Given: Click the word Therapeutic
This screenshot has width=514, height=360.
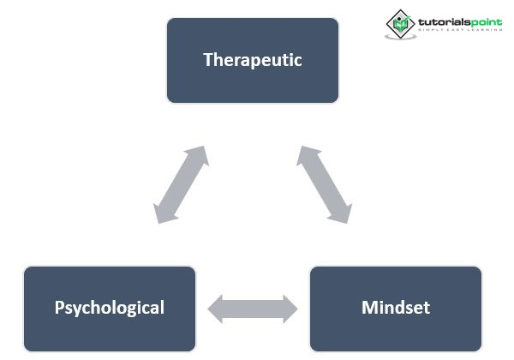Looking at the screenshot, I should (x=253, y=60).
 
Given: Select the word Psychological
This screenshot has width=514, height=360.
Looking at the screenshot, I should (x=110, y=308).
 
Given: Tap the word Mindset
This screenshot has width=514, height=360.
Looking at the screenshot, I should (x=396, y=308).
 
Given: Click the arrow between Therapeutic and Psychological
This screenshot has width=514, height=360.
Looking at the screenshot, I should (x=181, y=185).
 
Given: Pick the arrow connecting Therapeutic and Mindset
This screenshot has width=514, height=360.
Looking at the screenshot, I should (x=325, y=185).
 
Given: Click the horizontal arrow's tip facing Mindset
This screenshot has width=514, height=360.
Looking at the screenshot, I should (x=294, y=309).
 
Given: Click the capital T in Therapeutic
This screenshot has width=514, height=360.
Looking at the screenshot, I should (x=207, y=60).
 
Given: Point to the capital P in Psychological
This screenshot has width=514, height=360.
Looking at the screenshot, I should (x=59, y=307).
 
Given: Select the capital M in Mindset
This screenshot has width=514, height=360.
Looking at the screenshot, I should (x=368, y=307).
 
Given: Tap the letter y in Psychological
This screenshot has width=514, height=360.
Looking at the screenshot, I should (x=75, y=309).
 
